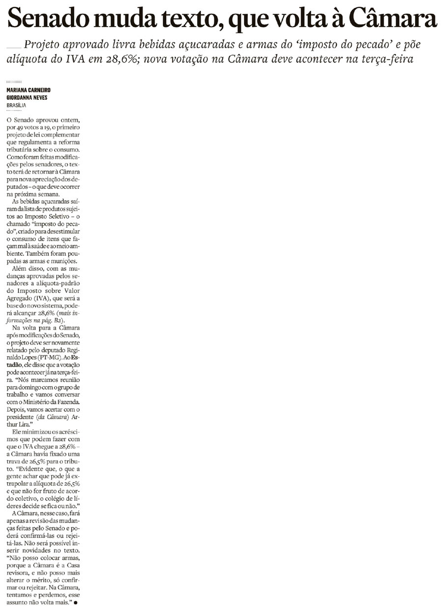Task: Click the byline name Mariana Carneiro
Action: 29,90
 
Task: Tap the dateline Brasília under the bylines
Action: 16,105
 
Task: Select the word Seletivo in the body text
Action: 57,216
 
